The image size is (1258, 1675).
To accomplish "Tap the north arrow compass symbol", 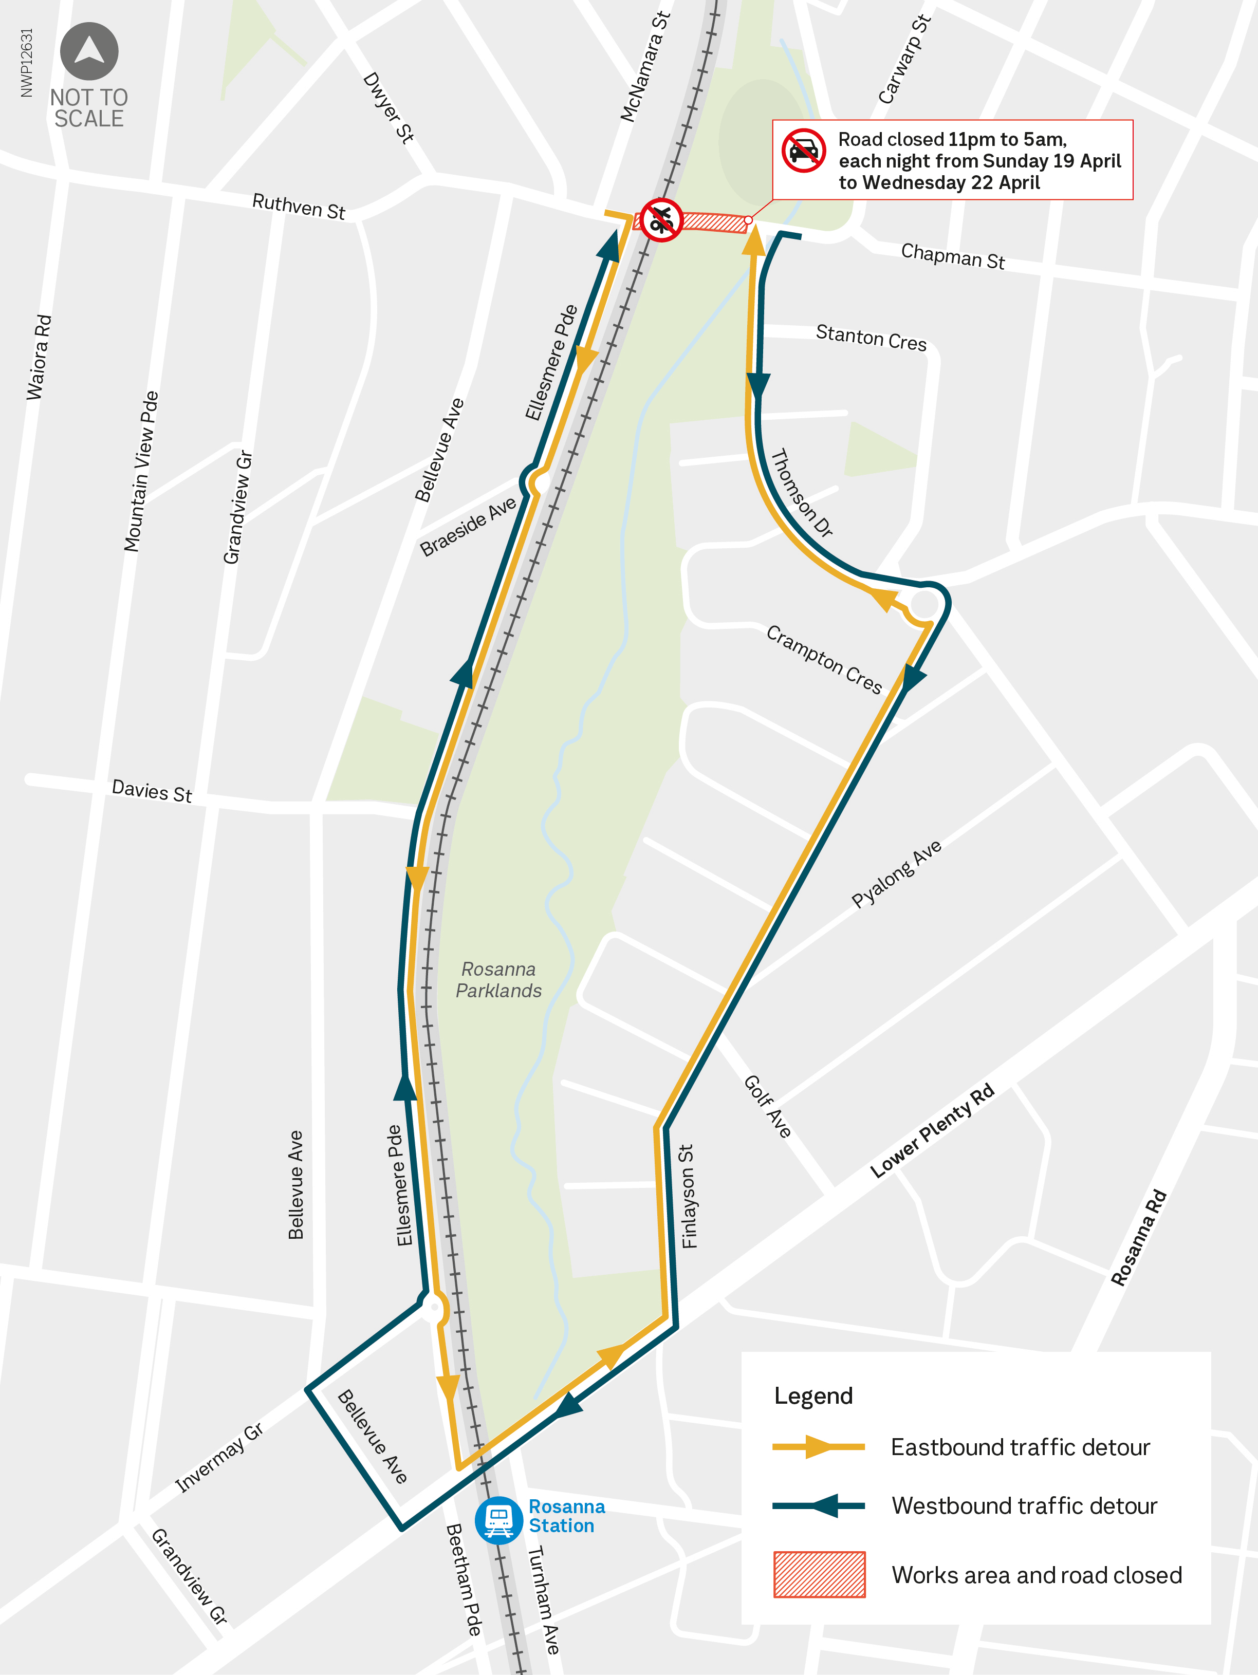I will click(89, 51).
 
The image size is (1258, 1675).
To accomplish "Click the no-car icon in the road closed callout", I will click(804, 151).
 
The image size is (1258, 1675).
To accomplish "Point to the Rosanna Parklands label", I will click(498, 980).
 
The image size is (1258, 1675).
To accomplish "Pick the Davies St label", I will click(152, 791).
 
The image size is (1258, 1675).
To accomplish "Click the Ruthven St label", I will click(299, 206).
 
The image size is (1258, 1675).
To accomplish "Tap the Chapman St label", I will click(953, 256).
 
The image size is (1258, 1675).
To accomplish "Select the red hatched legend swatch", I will click(819, 1574).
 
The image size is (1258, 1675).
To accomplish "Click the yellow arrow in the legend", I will click(819, 1446).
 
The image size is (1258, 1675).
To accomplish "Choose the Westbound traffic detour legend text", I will click(1024, 1505).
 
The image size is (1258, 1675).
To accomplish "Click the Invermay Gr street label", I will click(219, 1458).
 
